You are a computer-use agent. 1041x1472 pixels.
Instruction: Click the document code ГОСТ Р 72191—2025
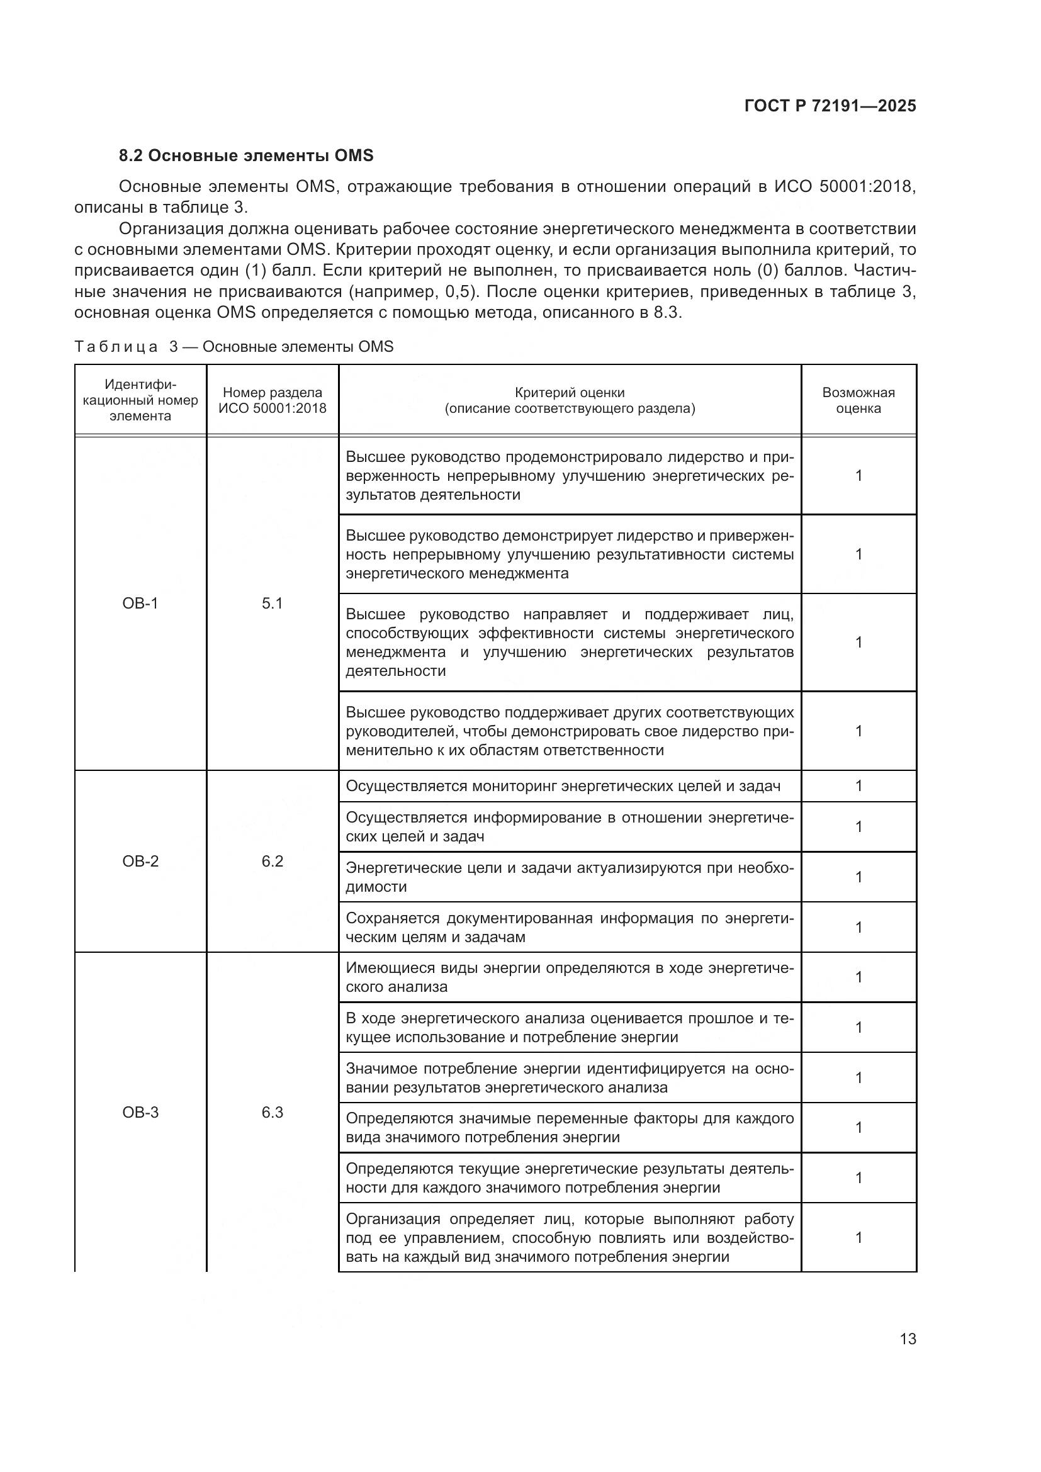click(830, 106)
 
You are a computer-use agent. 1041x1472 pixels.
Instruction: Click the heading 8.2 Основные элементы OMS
click(246, 156)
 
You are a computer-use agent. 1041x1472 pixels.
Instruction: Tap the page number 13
click(908, 1339)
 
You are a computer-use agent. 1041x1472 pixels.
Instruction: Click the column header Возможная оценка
click(858, 400)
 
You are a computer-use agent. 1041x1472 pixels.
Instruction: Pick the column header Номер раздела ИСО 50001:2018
click(273, 400)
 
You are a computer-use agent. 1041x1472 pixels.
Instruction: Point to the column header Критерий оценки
click(569, 400)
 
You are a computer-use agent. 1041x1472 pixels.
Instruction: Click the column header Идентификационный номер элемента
click(140, 400)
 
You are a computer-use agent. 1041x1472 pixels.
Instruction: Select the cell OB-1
click(140, 604)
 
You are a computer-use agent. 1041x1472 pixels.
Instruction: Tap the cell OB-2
click(140, 861)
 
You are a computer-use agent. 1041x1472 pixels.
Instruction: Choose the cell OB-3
click(140, 1112)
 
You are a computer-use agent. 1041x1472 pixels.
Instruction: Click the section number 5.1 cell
click(273, 604)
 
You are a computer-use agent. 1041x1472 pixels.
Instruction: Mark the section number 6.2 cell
click(273, 861)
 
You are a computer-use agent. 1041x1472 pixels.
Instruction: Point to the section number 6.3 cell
click(273, 1112)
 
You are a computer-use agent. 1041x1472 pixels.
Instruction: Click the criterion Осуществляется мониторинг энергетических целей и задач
click(563, 786)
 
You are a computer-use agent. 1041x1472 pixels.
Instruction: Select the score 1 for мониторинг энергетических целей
click(858, 786)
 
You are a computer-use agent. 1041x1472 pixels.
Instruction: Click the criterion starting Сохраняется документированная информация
click(569, 927)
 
